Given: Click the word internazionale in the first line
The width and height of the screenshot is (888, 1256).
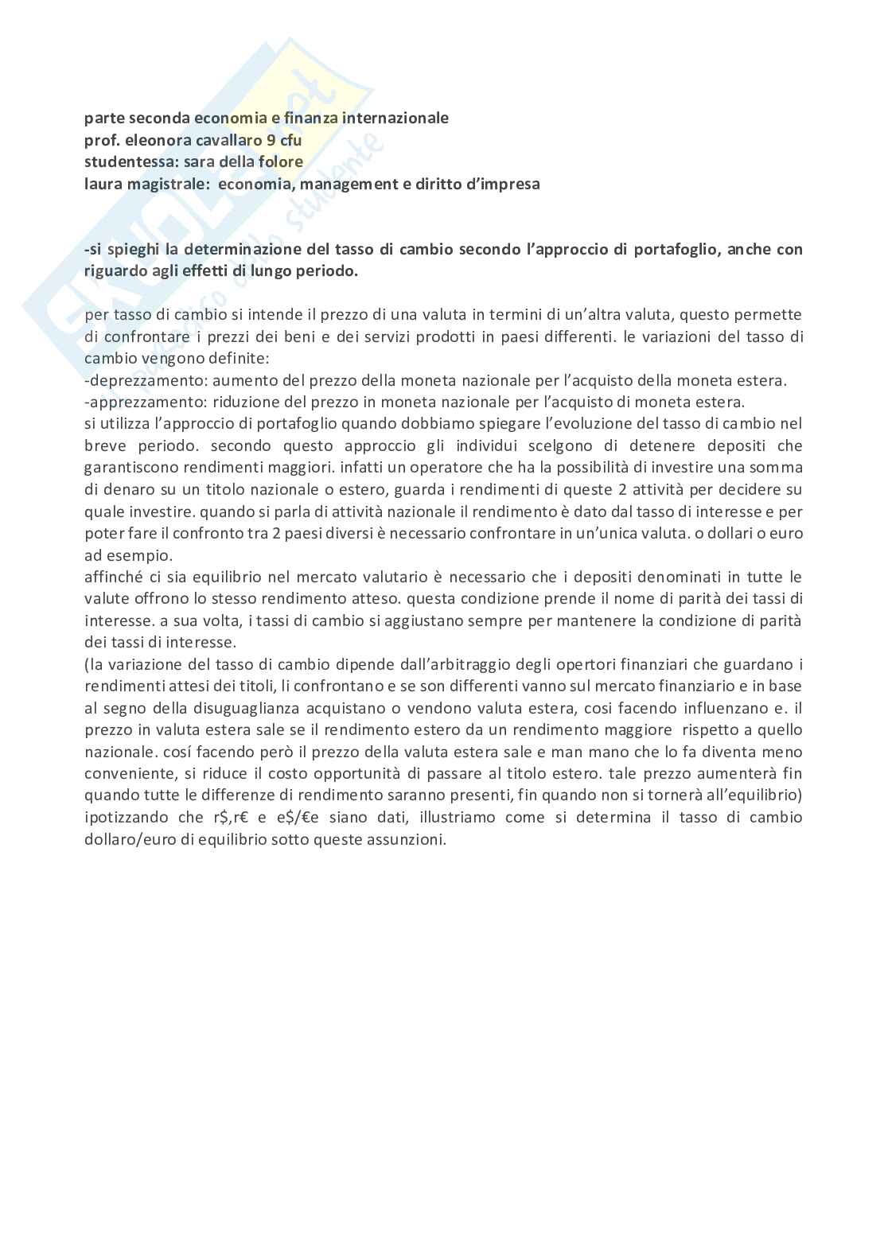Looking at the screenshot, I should pyautogui.click(x=400, y=119).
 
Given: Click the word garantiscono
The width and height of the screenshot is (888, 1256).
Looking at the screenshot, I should pyautogui.click(x=136, y=467).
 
